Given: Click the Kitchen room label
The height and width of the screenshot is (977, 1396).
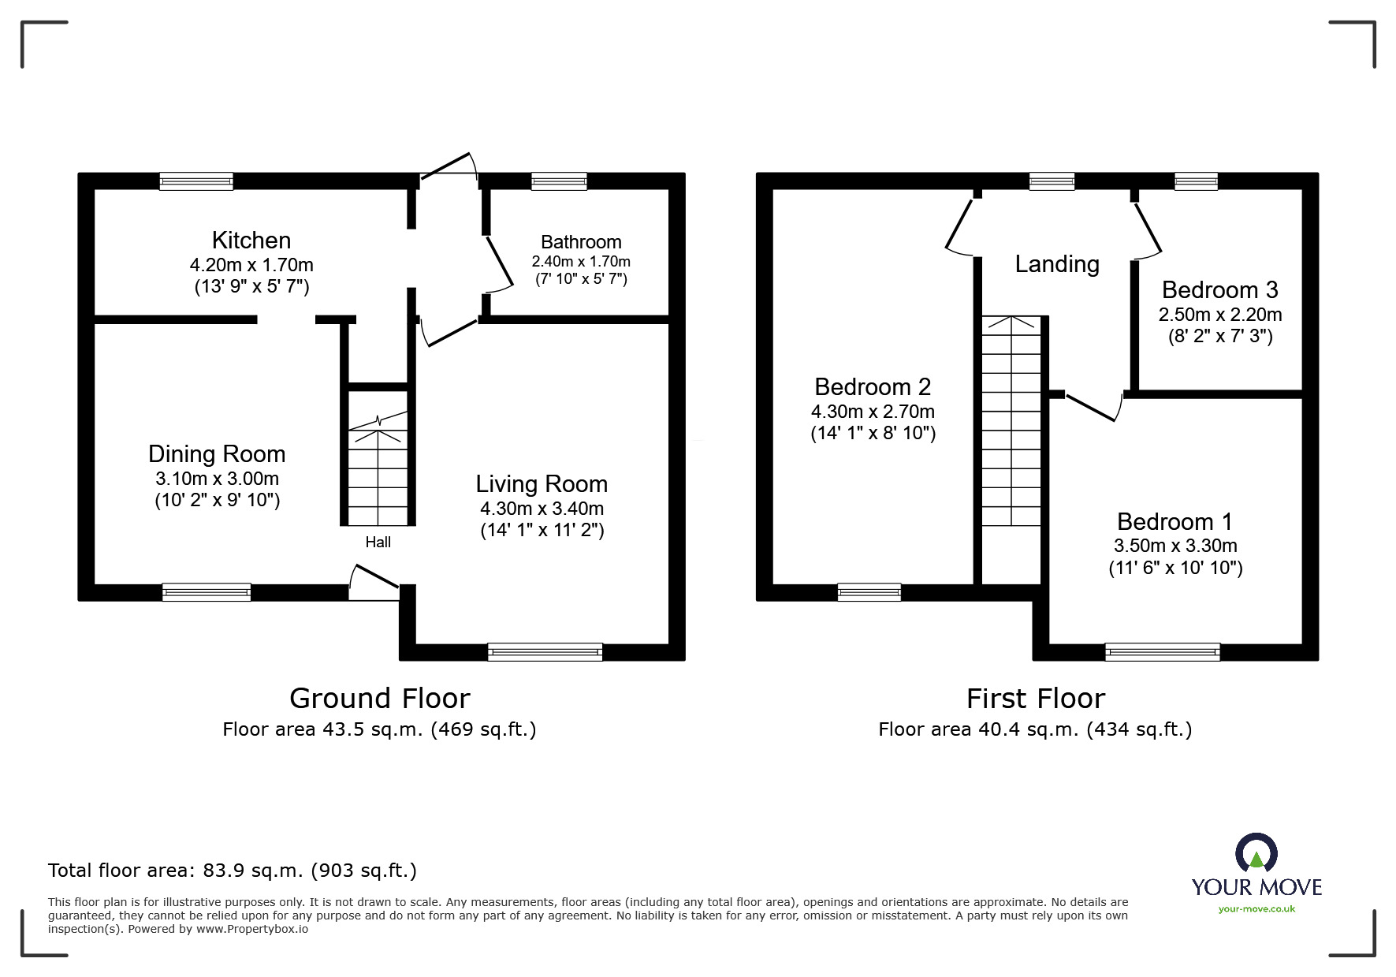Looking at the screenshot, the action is (251, 240).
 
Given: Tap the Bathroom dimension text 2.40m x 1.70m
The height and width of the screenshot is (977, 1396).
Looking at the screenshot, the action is (581, 261).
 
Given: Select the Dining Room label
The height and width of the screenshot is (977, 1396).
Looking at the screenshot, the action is (217, 454).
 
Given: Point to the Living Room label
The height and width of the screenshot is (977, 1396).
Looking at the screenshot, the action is (542, 483).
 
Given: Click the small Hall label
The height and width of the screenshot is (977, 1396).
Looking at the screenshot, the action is (378, 542).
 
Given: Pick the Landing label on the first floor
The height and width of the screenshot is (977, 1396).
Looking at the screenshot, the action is (1057, 264).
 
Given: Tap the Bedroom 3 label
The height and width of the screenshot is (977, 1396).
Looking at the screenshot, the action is (1219, 290).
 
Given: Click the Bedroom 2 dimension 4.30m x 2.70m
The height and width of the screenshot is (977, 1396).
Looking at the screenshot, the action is (873, 412).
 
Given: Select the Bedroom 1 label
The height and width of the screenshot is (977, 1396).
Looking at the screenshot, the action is (1175, 521).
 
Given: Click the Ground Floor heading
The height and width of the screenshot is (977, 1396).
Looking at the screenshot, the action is (380, 698).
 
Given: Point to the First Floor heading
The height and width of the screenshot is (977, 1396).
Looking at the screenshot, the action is (1036, 698).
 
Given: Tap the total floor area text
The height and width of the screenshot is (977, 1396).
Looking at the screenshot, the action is (233, 871).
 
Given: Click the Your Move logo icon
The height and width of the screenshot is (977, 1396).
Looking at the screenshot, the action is (1256, 852).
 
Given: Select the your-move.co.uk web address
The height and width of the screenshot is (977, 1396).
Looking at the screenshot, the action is (1256, 908).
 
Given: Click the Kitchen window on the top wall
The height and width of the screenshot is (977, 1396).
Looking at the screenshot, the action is (196, 181).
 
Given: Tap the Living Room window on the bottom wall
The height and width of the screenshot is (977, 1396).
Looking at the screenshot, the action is (545, 652).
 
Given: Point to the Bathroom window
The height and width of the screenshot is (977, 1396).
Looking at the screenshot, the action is (559, 181).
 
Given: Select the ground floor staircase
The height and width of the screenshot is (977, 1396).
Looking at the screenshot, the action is (378, 468).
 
